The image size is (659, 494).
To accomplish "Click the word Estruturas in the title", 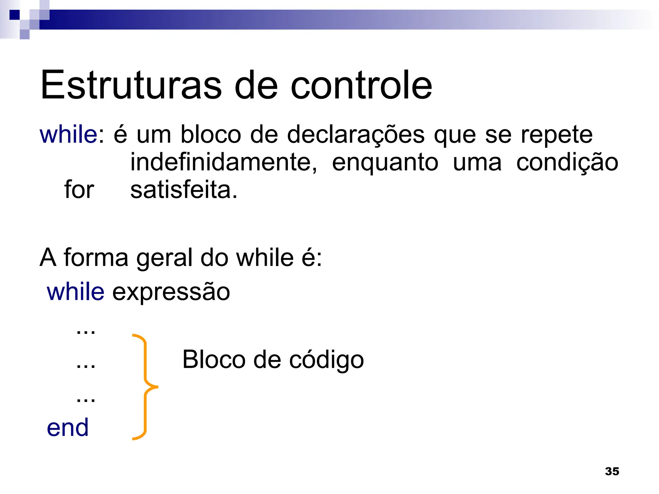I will [x=131, y=85].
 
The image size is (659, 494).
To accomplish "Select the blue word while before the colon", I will [x=68, y=134].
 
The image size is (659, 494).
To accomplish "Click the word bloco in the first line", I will [x=210, y=134].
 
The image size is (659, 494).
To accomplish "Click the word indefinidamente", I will [x=223, y=162].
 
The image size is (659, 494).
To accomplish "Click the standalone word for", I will [x=79, y=190].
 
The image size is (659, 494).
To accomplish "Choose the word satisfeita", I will [x=183, y=190].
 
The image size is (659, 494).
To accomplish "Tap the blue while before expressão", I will [x=76, y=292].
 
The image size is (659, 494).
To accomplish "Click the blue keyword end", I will [x=68, y=428].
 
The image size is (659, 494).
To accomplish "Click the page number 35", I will [x=612, y=471].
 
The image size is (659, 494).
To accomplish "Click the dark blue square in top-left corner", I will [x=14, y=15].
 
